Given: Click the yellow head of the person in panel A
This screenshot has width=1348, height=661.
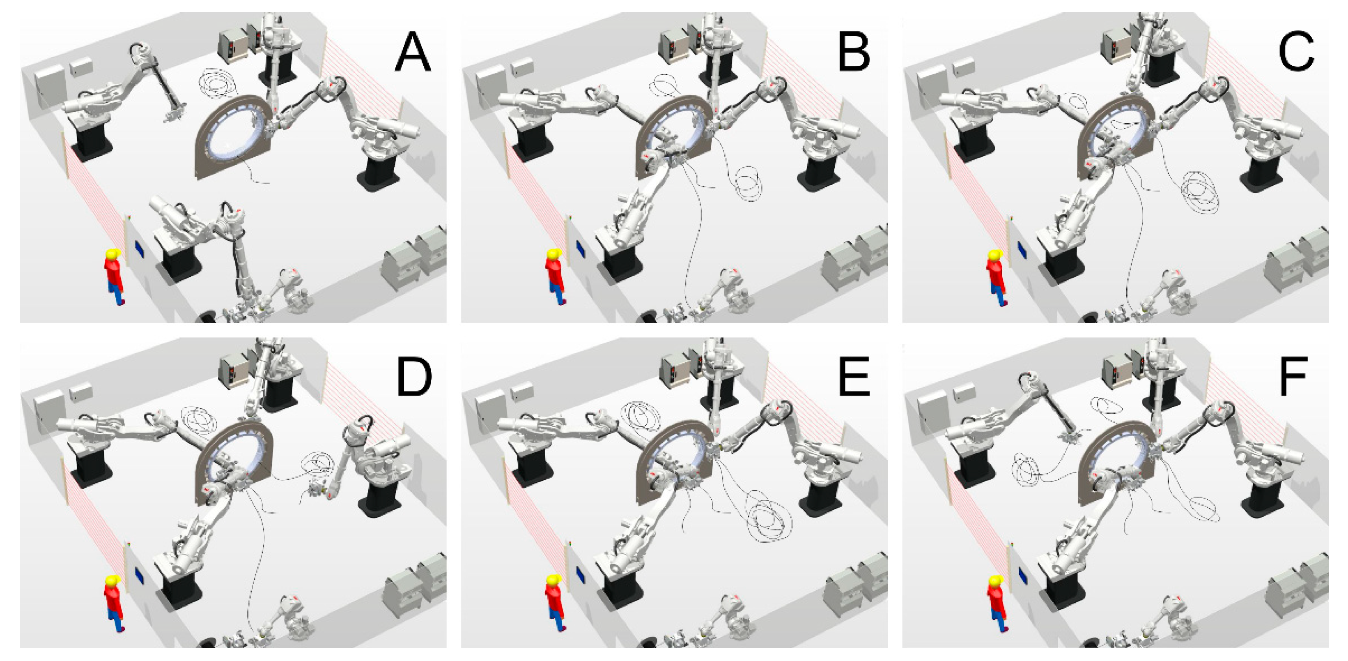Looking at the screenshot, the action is pyautogui.click(x=114, y=255).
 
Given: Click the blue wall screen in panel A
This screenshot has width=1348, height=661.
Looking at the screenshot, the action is pyautogui.click(x=140, y=248).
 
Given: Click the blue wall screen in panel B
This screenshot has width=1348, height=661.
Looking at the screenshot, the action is pyautogui.click(x=581, y=248).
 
